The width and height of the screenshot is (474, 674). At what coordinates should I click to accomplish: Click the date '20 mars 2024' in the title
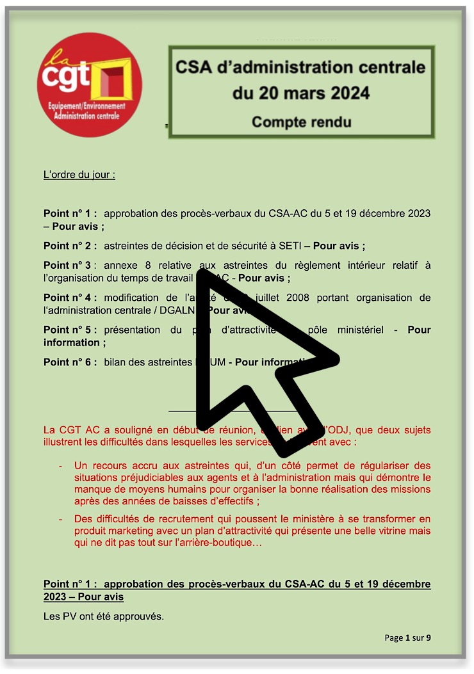click(301, 93)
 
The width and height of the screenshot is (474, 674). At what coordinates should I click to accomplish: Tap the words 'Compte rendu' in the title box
click(301, 121)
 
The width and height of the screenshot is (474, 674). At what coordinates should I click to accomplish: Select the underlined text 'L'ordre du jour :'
click(79, 174)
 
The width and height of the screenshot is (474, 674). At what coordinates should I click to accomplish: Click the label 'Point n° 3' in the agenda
click(69, 265)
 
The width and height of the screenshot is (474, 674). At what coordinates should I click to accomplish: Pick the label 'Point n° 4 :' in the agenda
click(70, 298)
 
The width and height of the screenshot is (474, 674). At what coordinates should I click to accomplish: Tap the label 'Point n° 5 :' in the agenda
click(70, 330)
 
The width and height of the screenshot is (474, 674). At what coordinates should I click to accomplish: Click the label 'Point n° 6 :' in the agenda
click(70, 362)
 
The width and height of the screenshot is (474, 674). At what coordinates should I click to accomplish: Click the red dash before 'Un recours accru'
click(60, 465)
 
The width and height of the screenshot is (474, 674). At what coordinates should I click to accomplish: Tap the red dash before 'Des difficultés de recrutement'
click(60, 518)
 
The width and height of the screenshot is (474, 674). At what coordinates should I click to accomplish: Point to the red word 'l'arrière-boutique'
click(222, 544)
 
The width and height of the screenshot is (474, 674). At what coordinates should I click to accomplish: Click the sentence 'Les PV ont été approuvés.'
click(104, 617)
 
